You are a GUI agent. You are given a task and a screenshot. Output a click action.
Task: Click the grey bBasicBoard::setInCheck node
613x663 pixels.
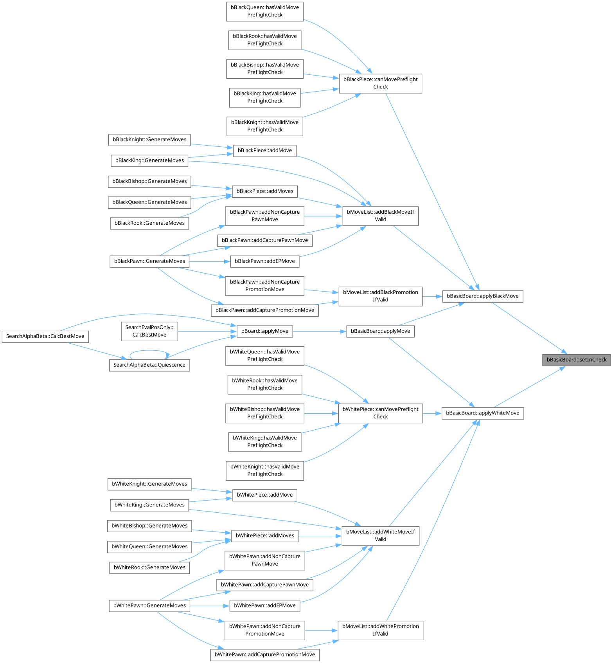576,360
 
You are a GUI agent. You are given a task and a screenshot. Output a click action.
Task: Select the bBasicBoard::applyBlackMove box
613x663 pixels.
482,296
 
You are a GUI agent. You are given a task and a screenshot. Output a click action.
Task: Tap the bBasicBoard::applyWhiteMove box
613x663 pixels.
482,413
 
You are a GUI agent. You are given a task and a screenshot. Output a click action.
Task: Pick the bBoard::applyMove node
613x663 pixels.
265,331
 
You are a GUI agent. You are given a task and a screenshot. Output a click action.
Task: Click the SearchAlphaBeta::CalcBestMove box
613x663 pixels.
45,336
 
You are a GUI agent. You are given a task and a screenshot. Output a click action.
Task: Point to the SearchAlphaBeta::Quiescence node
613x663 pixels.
149,365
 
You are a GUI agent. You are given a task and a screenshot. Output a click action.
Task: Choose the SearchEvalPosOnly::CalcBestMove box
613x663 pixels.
149,331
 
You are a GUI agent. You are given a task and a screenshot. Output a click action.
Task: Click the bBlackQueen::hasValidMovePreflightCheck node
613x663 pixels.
265,11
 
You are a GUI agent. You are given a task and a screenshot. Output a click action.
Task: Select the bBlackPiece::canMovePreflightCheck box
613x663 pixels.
380,83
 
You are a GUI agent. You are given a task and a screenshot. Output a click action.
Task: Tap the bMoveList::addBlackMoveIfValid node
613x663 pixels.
380,216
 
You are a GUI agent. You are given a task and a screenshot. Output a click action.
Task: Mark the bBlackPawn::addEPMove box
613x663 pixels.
265,261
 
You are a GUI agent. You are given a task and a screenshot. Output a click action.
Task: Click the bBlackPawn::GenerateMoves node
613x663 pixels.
149,261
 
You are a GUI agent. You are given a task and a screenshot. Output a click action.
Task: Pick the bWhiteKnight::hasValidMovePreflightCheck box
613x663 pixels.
265,470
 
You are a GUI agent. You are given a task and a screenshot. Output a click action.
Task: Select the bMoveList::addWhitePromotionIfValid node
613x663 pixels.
380,630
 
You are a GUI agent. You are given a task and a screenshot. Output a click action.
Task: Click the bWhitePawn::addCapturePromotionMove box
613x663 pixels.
265,655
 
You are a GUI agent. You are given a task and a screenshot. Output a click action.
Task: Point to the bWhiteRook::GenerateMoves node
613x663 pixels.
149,568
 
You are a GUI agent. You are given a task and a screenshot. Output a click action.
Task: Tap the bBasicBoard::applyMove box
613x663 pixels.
380,331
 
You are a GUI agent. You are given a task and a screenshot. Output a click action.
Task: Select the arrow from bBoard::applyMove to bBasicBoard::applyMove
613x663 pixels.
319,331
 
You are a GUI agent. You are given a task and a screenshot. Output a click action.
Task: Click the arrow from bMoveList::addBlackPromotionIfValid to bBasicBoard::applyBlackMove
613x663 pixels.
432,297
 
